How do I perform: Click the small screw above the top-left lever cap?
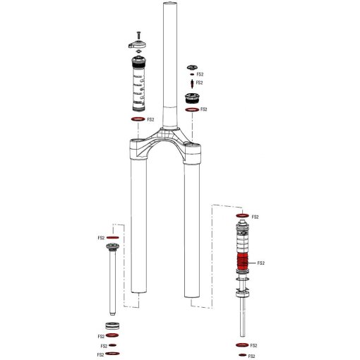(x=139, y=34)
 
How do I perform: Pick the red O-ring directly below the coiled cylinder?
(x=139, y=120)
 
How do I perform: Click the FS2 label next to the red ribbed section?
(x=260, y=263)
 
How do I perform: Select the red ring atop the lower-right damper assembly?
(x=241, y=215)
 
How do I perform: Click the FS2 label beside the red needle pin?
(x=200, y=83)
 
